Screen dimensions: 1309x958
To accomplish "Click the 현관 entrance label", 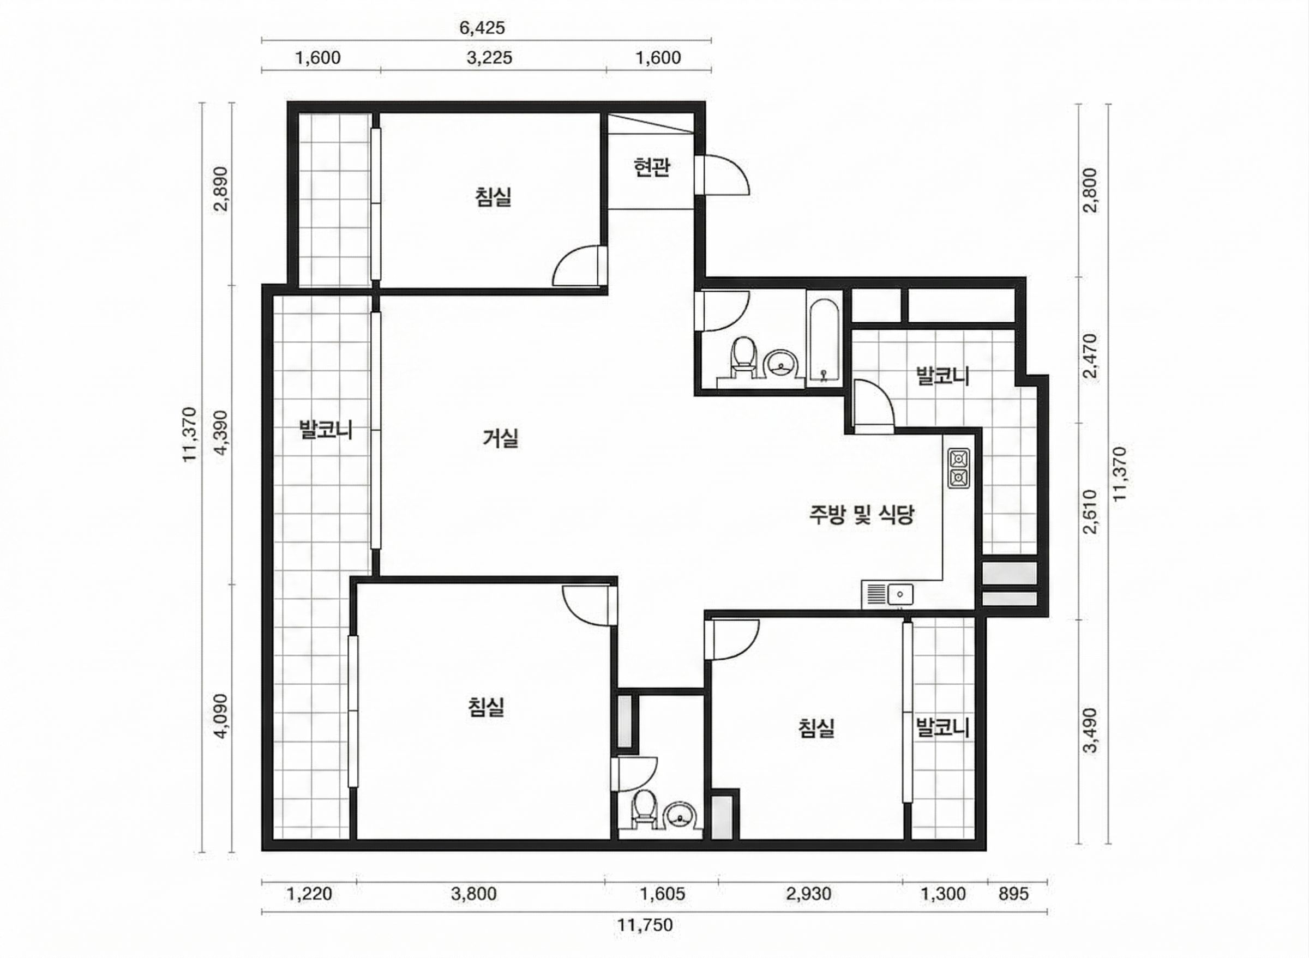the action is click(x=652, y=167).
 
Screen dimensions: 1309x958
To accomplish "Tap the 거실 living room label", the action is click(x=501, y=438).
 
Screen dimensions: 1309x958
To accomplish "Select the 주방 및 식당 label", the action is click(x=862, y=514).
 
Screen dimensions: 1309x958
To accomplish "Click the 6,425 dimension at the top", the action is click(x=482, y=28).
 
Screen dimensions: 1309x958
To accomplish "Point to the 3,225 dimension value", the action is click(x=489, y=58).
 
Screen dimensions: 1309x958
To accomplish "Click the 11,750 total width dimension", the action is click(x=645, y=924).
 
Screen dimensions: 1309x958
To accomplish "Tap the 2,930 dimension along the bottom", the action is click(x=808, y=894).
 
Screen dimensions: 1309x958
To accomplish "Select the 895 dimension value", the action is click(x=1013, y=894).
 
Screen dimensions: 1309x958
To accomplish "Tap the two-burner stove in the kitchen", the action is click(x=958, y=468).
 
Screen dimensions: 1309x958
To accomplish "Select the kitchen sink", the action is click(x=887, y=594).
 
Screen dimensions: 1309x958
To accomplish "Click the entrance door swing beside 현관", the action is click(x=723, y=174).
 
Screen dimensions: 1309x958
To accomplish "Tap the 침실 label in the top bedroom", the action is click(x=493, y=197).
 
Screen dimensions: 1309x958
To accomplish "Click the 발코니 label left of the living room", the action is click(x=326, y=430).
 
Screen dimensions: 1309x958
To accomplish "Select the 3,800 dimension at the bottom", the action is click(x=474, y=894).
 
